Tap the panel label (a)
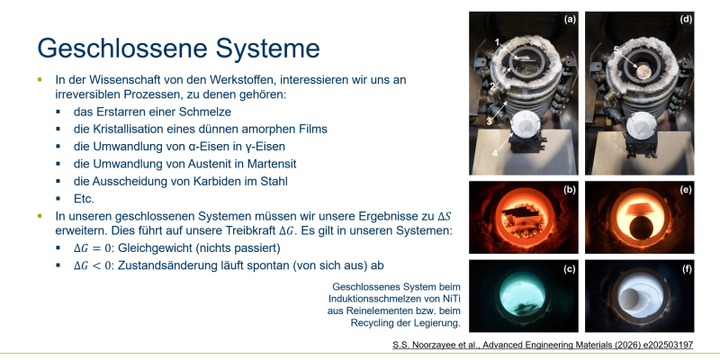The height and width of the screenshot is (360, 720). (570, 19)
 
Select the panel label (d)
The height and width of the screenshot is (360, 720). (686, 19)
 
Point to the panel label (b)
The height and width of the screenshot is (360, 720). (570, 189)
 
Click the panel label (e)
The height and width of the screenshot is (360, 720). (686, 189)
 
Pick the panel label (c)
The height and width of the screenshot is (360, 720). (570, 269)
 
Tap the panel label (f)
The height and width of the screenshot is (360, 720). (686, 269)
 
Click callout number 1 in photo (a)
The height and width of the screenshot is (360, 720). (497, 42)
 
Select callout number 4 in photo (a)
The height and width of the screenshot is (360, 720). (495, 153)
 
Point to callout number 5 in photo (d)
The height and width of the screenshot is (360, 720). (616, 49)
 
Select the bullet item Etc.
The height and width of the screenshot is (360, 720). (84, 199)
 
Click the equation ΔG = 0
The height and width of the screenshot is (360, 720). (93, 248)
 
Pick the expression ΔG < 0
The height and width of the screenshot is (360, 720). (93, 265)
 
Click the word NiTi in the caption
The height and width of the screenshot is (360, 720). (452, 299)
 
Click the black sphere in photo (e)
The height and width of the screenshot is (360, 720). (639, 229)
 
